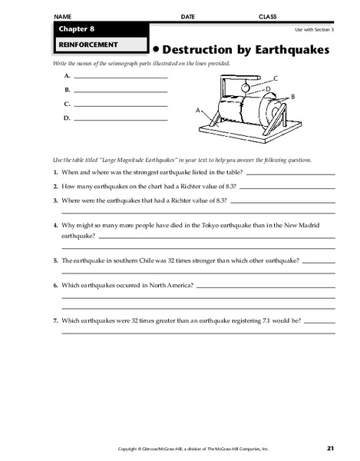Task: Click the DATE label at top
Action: pyautogui.click(x=188, y=16)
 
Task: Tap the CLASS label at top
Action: pyautogui.click(x=268, y=16)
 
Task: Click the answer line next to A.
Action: pyautogui.click(x=121, y=78)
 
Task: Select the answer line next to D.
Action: pyautogui.click(x=121, y=119)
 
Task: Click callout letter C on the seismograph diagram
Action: pyautogui.click(x=275, y=79)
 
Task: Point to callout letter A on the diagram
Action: pyautogui.click(x=199, y=111)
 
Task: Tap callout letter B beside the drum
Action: pyautogui.click(x=292, y=97)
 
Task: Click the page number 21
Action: pyautogui.click(x=330, y=447)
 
